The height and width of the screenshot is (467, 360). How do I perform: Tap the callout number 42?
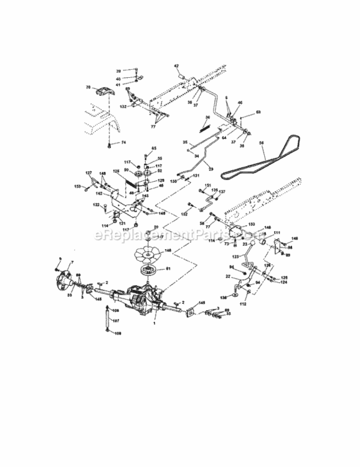point(176,66)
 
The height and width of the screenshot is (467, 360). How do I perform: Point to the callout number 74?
point(123,143)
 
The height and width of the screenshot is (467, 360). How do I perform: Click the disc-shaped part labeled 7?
point(64,280)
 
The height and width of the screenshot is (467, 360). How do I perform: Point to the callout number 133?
point(252,224)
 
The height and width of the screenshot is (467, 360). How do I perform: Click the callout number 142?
point(98,194)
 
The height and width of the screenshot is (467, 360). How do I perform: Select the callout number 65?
point(154,148)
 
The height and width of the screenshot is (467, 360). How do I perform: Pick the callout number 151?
point(209,186)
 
